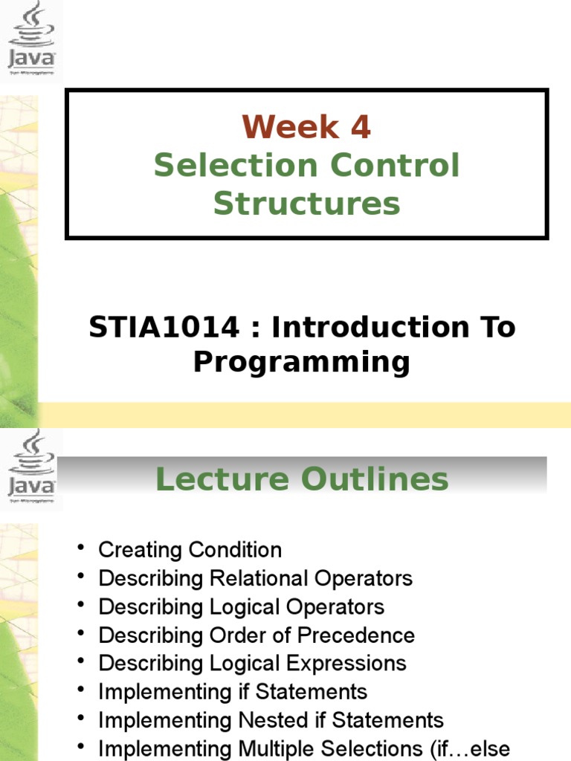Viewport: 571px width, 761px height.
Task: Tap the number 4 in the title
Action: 360,128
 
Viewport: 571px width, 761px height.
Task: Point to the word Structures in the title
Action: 306,204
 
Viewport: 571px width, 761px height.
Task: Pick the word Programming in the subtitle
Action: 302,362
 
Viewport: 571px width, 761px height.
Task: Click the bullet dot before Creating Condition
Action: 80,548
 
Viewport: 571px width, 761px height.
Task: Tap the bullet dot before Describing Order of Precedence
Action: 80,634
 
